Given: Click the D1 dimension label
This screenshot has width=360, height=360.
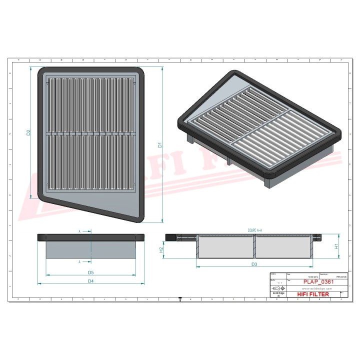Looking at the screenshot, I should click(160, 145).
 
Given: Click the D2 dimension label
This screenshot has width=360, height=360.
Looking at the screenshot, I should click(28, 132).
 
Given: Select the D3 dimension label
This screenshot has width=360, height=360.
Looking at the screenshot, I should click(254, 264).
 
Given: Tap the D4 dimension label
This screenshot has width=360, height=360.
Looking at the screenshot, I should click(91, 281).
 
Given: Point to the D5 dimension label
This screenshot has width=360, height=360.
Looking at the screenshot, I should click(91, 272).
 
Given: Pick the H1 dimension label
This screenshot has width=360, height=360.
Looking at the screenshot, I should click(336, 246).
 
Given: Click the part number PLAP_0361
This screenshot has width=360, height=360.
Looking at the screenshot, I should click(318, 282).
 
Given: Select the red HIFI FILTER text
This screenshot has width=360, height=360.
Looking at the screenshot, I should click(313, 294).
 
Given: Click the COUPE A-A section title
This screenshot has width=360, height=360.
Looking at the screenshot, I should click(254, 230).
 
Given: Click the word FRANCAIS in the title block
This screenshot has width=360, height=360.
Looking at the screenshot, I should click(343, 276).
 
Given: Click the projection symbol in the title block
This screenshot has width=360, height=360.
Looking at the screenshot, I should click(275, 288).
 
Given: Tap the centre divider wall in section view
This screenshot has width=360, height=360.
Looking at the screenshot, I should click(254, 246).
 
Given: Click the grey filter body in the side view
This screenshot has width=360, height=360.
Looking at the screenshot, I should click(91, 250).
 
